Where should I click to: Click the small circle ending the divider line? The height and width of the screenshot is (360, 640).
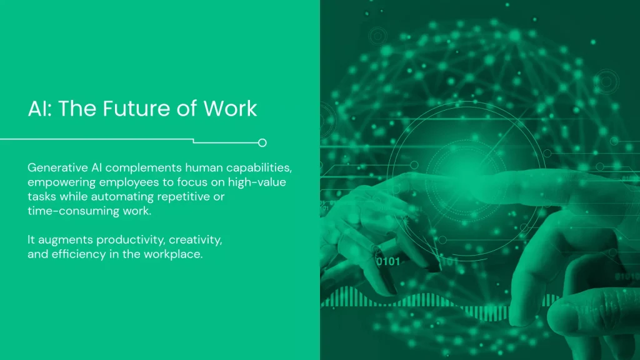tap(262, 142)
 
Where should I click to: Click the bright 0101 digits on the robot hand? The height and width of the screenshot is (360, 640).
tap(387, 262)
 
